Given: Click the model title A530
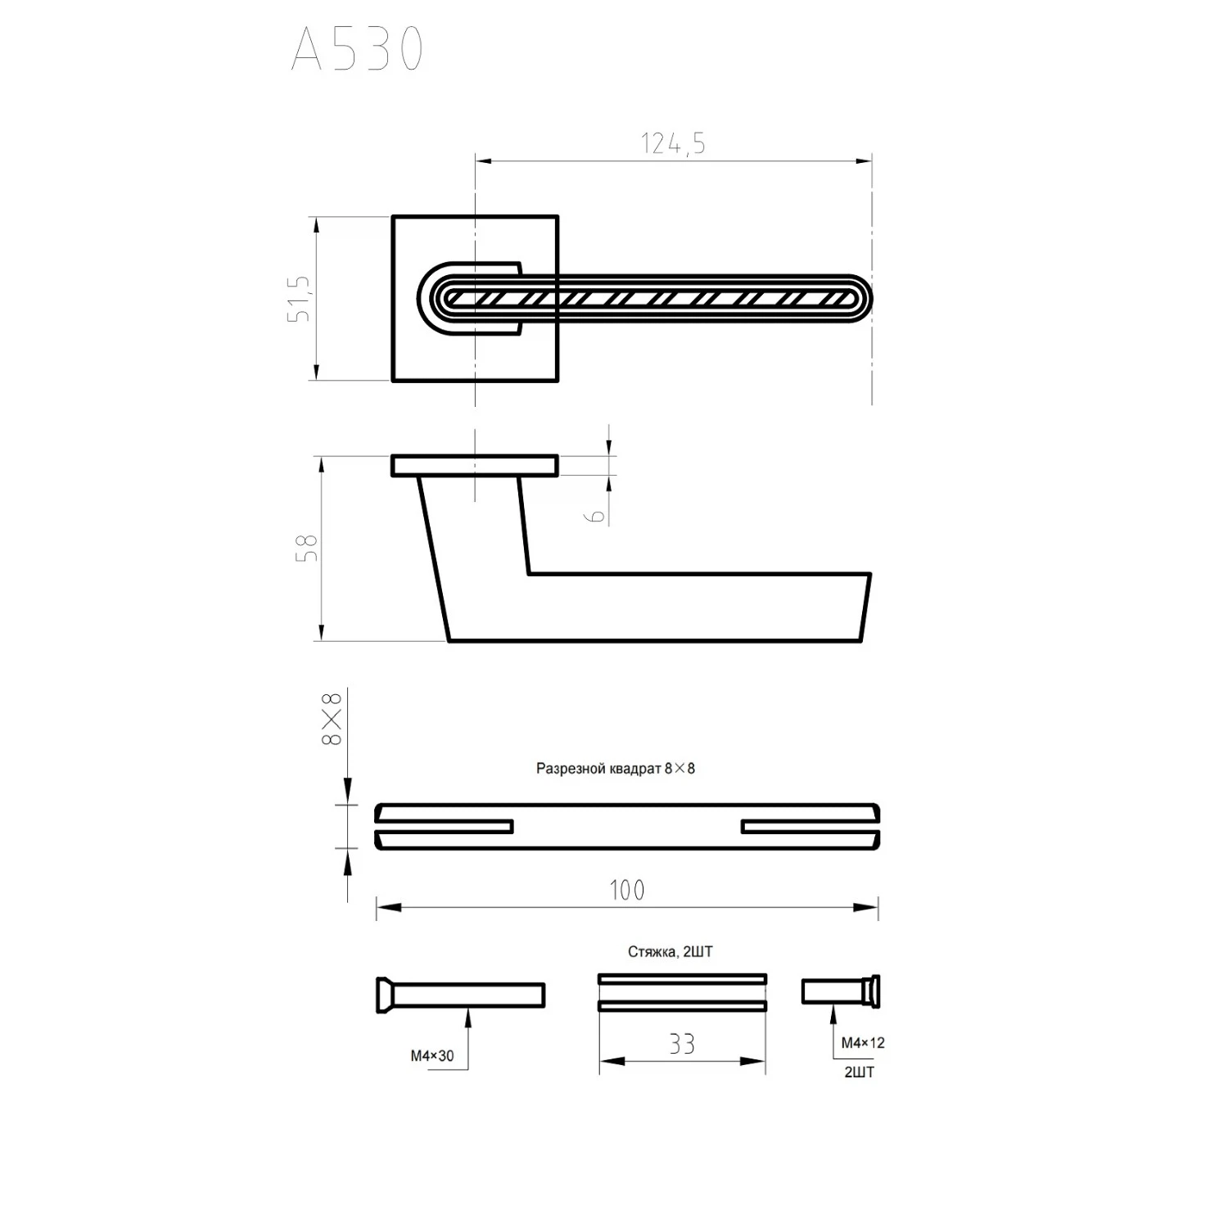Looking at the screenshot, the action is [x=358, y=48].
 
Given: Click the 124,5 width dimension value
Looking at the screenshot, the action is [x=673, y=144].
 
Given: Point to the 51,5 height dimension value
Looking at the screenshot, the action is [x=300, y=298].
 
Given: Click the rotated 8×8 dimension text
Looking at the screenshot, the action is [x=332, y=719].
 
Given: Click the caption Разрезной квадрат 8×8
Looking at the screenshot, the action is [x=616, y=769].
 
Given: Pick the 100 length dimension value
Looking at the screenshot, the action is [x=627, y=890].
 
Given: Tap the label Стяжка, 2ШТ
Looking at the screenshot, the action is [x=670, y=952].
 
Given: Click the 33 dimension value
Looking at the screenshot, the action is [x=682, y=1044].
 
